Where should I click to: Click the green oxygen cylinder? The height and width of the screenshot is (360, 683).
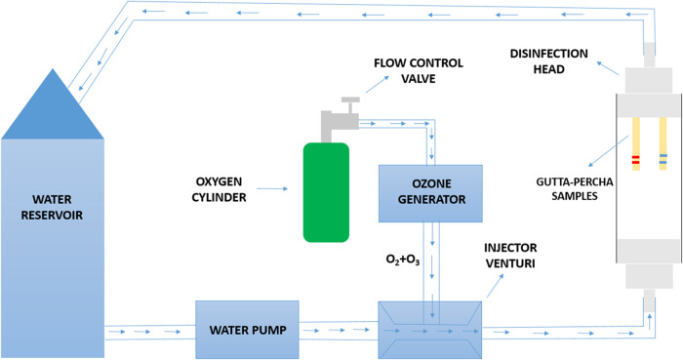pyautogui.click(x=326, y=192)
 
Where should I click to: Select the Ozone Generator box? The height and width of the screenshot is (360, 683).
pyautogui.click(x=430, y=193)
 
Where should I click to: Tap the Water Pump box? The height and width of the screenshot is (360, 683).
pyautogui.click(x=247, y=330)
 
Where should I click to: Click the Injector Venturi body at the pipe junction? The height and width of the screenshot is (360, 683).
pyautogui.click(x=429, y=330)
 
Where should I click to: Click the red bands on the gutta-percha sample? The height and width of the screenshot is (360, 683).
pyautogui.click(x=635, y=160)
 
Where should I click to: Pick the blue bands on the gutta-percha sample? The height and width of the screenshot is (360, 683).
pyautogui.click(x=663, y=159)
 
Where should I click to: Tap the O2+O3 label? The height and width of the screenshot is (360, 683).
pyautogui.click(x=403, y=260)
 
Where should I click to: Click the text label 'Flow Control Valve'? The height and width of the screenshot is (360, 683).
pyautogui.click(x=419, y=70)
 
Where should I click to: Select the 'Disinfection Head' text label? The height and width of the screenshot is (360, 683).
pyautogui.click(x=548, y=61)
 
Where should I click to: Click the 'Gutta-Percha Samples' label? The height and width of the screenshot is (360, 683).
pyautogui.click(x=575, y=189)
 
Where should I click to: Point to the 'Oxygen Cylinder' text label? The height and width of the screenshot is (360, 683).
pyautogui.click(x=219, y=189)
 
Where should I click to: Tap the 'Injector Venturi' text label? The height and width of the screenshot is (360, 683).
pyautogui.click(x=510, y=256)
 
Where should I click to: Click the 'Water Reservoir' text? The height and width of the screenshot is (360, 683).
pyautogui.click(x=52, y=207)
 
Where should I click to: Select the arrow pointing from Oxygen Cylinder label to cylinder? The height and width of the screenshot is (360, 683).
pyautogui.click(x=272, y=189)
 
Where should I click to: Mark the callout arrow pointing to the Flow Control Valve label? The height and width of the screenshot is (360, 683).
pyautogui.click(x=378, y=84)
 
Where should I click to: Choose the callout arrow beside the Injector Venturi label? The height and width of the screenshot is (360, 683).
pyautogui.click(x=496, y=286)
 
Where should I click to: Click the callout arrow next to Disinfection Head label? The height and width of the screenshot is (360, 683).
pyautogui.click(x=608, y=68)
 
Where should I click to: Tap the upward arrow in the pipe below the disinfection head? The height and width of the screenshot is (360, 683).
pyautogui.click(x=650, y=321)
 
